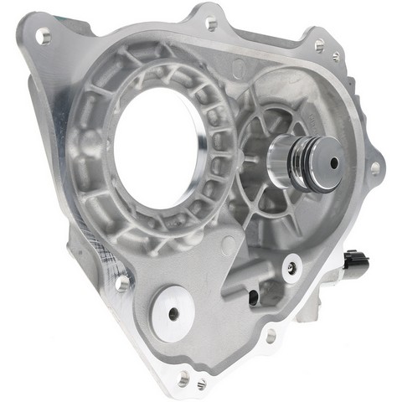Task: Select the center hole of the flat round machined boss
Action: click(173, 313)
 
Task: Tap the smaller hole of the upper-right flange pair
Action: click(336, 57)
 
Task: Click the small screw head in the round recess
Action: click(291, 266)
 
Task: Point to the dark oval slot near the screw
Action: click(252, 295)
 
